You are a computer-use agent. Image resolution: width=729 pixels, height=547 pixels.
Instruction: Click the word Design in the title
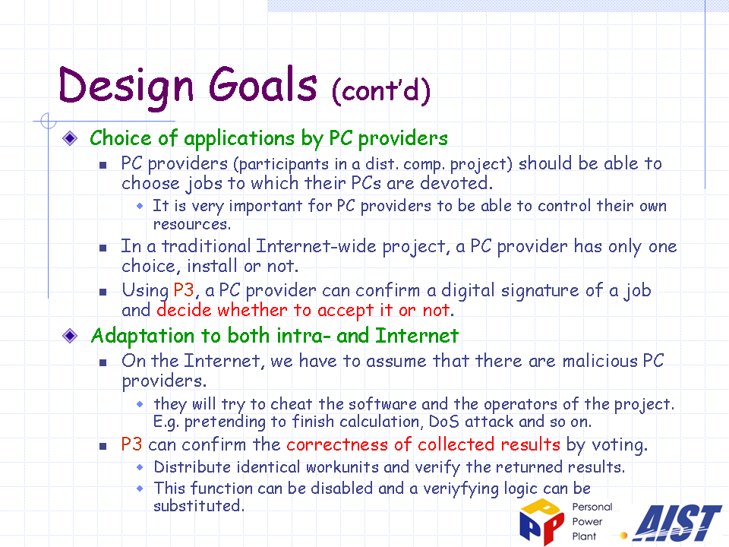point(126,87)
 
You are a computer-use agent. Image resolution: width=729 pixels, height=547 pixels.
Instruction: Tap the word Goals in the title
point(263,84)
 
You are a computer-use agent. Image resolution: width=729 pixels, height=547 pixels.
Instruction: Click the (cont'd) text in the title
point(381,90)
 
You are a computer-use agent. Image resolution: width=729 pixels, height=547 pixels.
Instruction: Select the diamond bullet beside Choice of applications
point(70,138)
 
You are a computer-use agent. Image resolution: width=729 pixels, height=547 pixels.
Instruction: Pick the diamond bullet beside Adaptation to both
point(70,335)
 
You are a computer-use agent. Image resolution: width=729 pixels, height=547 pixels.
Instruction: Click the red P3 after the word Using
point(183,289)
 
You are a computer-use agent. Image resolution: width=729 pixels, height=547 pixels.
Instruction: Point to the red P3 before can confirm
point(131,444)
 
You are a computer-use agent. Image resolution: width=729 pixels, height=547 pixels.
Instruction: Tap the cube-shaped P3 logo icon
point(541,521)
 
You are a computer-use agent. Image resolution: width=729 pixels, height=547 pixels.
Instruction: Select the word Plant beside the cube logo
point(584,536)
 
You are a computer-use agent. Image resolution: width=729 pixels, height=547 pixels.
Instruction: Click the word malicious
point(600,361)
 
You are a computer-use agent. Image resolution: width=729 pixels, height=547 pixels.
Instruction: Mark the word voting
point(620,445)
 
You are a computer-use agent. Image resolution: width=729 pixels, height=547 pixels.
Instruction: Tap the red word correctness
point(337,444)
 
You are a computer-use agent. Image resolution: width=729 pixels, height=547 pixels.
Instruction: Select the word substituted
point(198,506)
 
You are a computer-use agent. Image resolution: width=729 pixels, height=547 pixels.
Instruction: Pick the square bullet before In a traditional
point(103,248)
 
